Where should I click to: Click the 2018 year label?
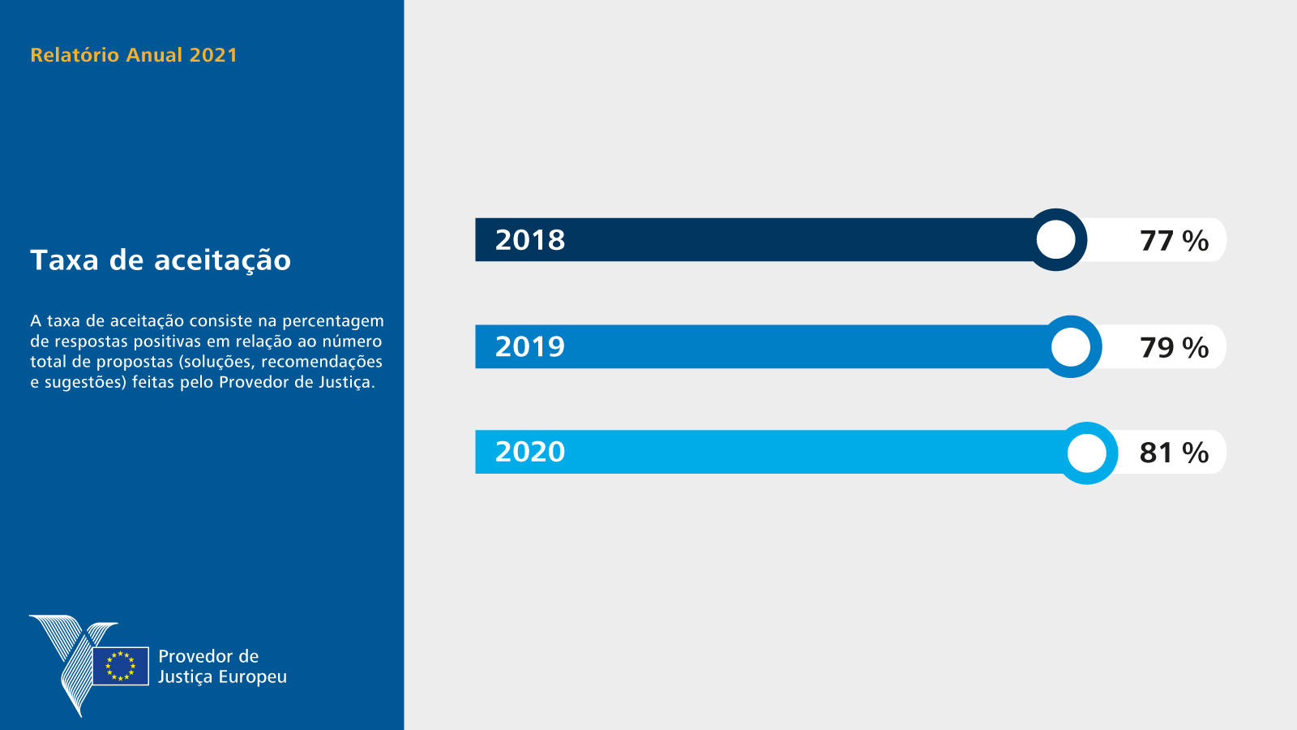click(530, 240)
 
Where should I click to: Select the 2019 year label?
click(530, 346)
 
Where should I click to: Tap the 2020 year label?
click(530, 452)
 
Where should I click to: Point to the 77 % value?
click(1175, 240)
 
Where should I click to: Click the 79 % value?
click(1175, 348)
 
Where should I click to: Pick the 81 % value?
click(1175, 453)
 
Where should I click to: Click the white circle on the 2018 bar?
click(1055, 240)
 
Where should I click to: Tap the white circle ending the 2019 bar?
click(1071, 347)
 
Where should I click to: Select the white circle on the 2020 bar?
click(1087, 453)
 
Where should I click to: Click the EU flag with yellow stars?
click(121, 666)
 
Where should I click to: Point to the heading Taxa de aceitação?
click(161, 260)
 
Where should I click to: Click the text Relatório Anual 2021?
click(134, 55)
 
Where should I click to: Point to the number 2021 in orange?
click(214, 55)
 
